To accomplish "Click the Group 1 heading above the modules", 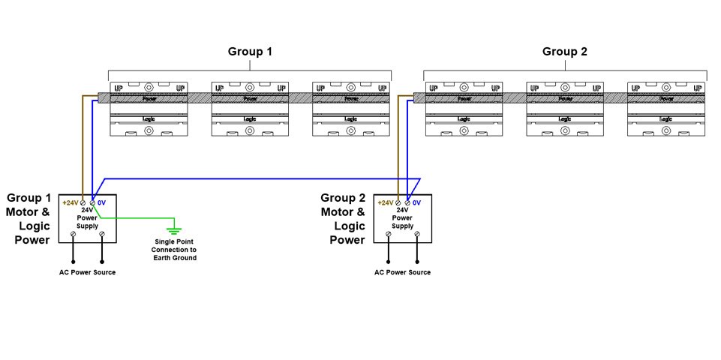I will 250,52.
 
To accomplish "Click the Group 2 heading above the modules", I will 565,52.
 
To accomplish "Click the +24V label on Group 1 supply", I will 71,203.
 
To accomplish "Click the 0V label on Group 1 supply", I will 102,203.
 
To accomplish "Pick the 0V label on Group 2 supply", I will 417,203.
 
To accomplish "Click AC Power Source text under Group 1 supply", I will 88,272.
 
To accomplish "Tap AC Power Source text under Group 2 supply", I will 403,272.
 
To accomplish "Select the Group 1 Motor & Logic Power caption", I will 29,219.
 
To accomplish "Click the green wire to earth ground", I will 135,218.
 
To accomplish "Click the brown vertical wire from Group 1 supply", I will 83,150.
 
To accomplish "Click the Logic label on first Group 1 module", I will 149,118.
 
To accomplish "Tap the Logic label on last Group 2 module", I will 665,118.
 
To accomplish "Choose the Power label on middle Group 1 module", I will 250,98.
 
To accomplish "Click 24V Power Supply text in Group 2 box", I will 403,218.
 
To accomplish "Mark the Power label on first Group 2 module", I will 464,98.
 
